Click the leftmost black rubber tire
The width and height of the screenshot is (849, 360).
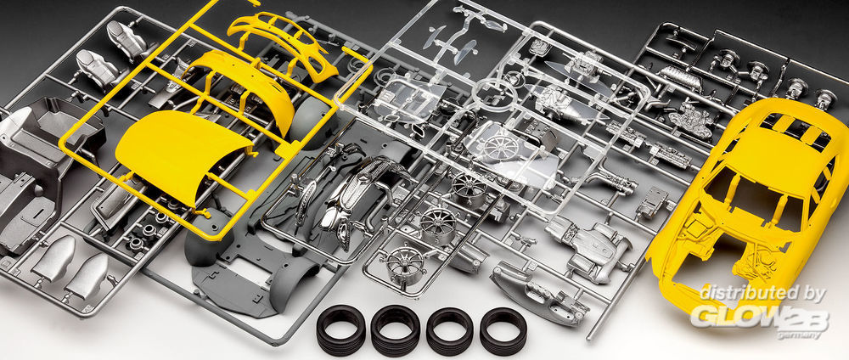click(x=340, y=329)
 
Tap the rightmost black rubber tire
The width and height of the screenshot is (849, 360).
click(x=503, y=331)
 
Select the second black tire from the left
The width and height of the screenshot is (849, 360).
click(x=396, y=329)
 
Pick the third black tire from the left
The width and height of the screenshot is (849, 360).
click(x=449, y=331)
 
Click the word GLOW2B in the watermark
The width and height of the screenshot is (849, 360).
click(x=758, y=319)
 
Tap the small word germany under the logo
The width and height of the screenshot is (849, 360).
click(x=796, y=335)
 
